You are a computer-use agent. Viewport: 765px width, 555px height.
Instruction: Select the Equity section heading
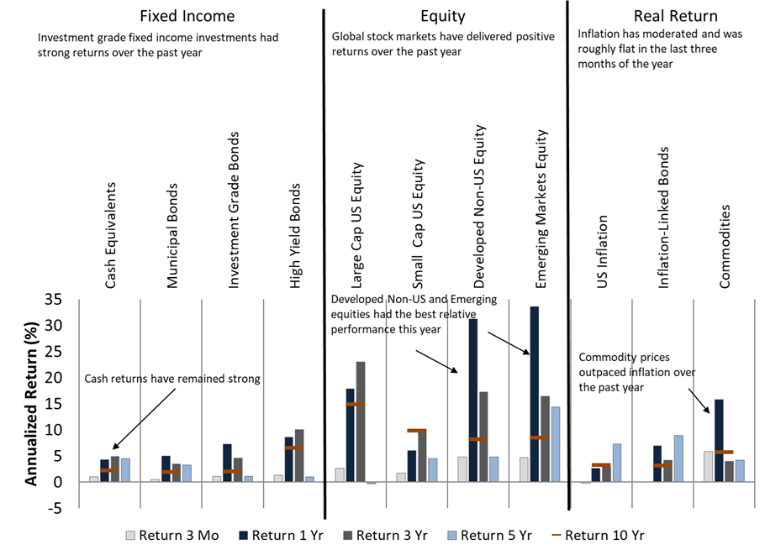click(x=442, y=16)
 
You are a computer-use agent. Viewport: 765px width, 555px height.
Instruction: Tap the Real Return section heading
click(x=664, y=16)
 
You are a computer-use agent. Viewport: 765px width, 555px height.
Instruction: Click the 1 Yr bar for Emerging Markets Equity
click(x=534, y=394)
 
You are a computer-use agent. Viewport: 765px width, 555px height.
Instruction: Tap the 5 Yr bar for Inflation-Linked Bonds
click(x=678, y=458)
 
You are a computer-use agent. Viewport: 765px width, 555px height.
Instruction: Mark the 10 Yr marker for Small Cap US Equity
click(x=417, y=431)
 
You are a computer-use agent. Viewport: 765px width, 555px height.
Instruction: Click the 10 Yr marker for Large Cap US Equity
click(x=356, y=405)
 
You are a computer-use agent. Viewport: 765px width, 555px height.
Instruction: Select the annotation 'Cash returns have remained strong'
click(x=172, y=379)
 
